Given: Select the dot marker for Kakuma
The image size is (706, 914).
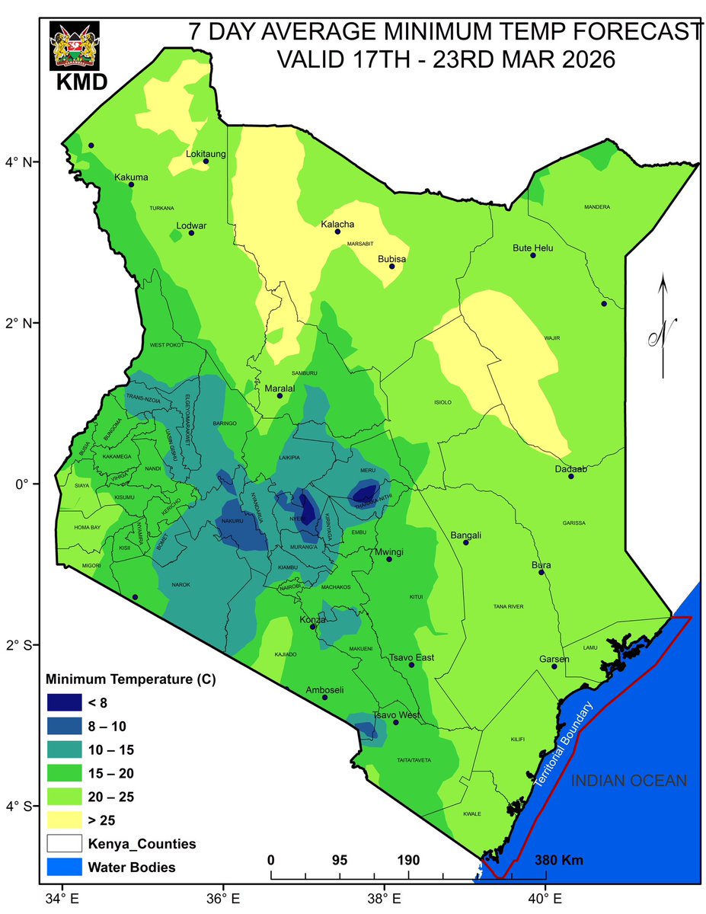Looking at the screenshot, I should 131,184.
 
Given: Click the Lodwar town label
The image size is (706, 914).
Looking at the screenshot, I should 191,225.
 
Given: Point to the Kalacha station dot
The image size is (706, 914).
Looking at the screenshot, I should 337,231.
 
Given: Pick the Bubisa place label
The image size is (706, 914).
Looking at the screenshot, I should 392,259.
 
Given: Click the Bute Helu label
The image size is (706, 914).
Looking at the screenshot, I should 532,248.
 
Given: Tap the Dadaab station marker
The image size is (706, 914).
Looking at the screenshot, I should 570,476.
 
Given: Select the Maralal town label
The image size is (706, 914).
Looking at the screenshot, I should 279,388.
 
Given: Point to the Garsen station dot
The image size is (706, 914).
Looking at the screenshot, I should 554,666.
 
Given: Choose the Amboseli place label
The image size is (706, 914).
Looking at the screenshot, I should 324,690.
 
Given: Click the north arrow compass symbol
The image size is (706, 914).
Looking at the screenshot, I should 663,328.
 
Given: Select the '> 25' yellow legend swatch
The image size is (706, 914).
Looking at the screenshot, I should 65,820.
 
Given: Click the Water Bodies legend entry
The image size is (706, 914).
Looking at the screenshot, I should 132,867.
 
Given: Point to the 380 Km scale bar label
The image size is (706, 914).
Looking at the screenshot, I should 559,861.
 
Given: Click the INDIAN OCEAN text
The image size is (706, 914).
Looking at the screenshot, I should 629,781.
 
